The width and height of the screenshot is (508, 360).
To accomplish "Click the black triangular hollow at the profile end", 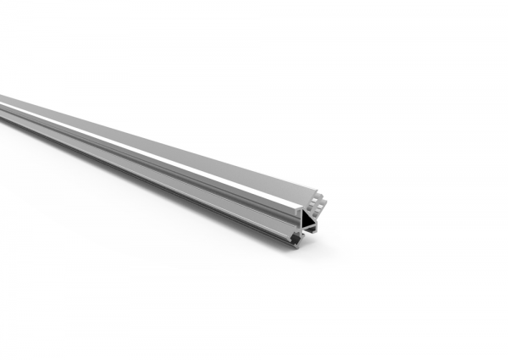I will coord(307,222).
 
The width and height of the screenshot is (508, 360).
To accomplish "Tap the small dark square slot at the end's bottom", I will coord(295,239).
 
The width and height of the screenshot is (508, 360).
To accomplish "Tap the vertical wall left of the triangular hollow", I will coord(300,222).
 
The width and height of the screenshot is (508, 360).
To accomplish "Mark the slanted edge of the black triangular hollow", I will coord(312,219).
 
